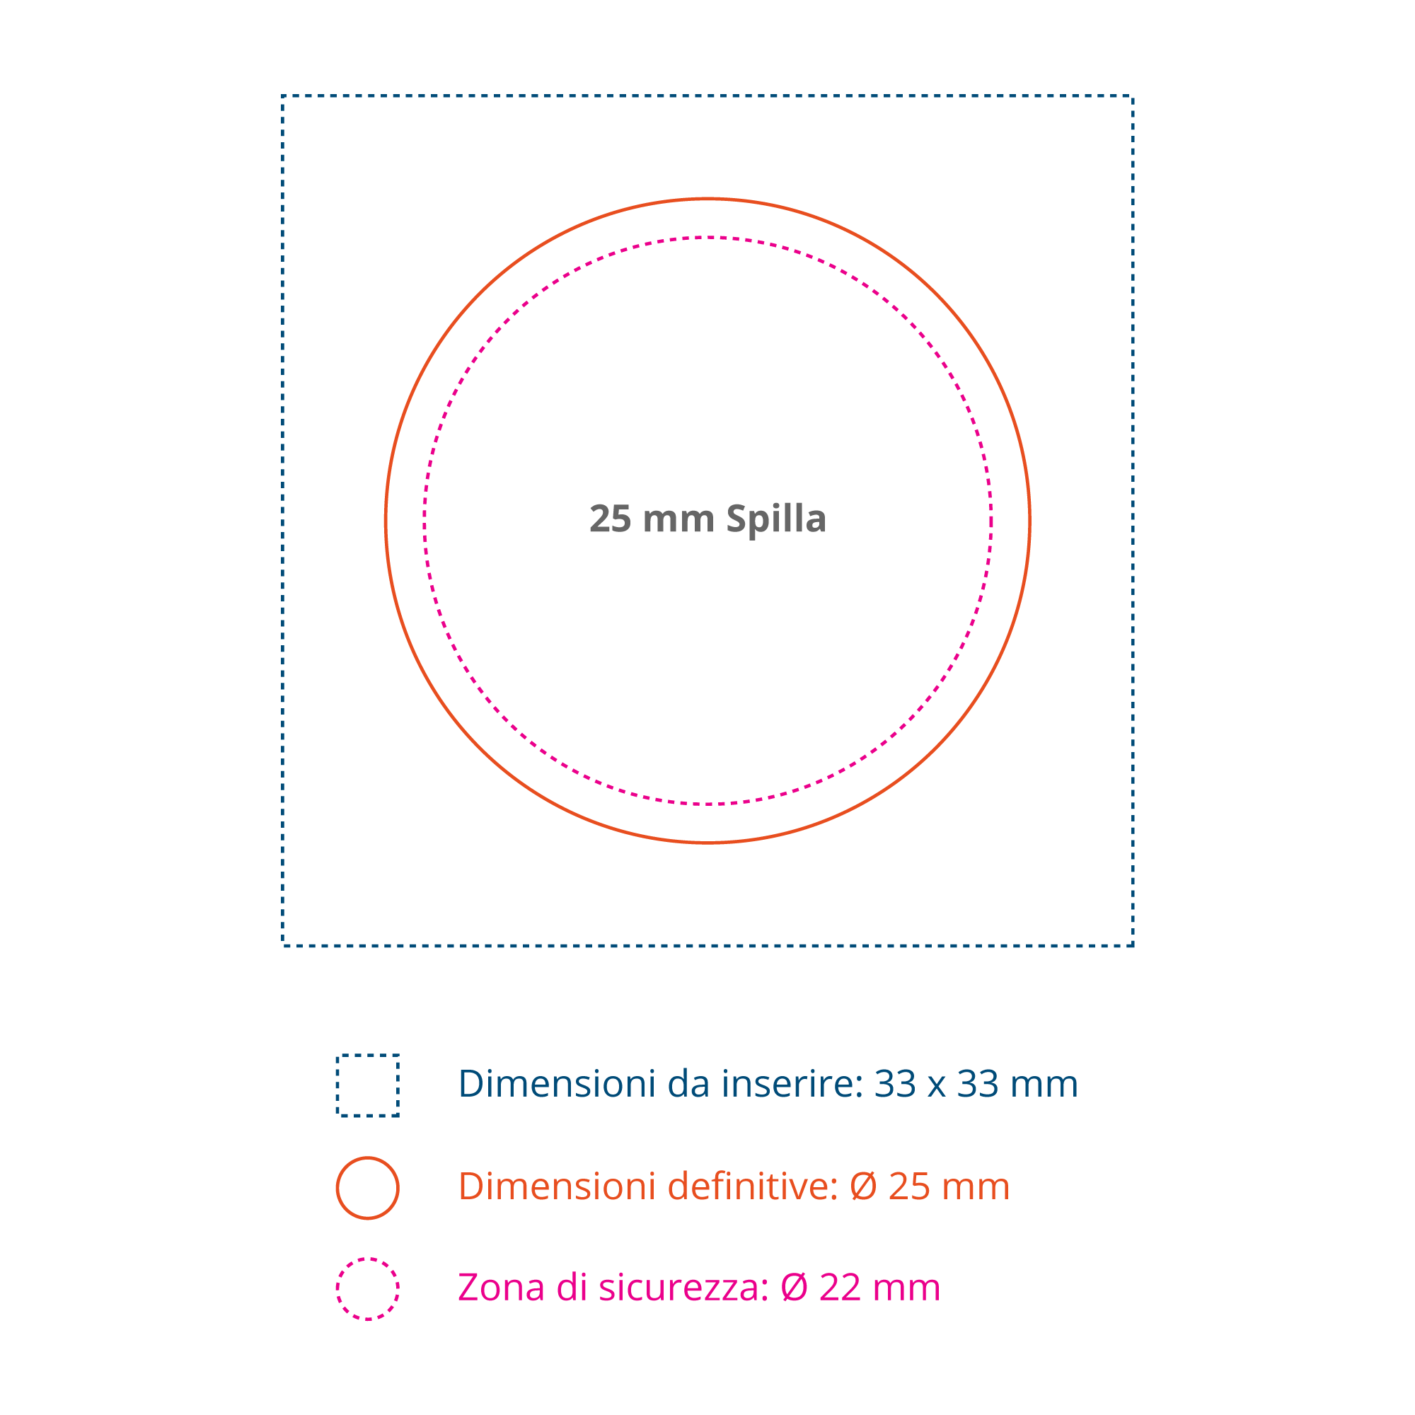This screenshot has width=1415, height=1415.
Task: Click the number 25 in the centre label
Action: (610, 519)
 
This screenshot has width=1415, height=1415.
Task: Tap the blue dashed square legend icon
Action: (368, 1085)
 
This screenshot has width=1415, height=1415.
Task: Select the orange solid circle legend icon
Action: (368, 1187)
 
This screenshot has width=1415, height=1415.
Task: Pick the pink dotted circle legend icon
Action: (368, 1289)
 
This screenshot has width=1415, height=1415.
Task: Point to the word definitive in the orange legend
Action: (753, 1186)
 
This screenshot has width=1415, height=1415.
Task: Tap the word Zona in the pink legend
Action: (501, 1288)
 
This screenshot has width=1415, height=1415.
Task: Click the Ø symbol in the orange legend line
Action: (863, 1186)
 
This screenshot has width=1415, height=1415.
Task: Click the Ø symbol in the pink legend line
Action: (794, 1288)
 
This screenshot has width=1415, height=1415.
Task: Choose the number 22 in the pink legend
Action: (840, 1288)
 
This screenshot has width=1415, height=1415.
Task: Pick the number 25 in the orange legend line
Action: (909, 1186)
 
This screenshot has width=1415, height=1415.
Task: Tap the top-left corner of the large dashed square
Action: (284, 96)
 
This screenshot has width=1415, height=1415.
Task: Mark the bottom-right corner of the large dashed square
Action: (1133, 945)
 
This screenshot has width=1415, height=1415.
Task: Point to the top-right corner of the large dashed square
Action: (1133, 96)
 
